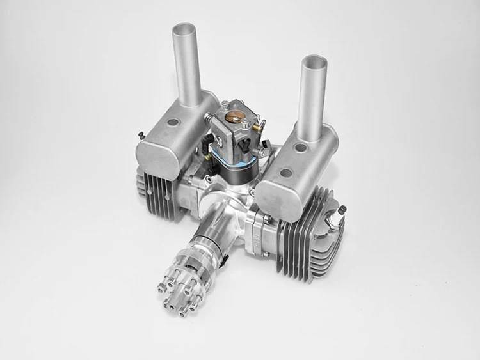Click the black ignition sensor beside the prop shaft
pos(225,258)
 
